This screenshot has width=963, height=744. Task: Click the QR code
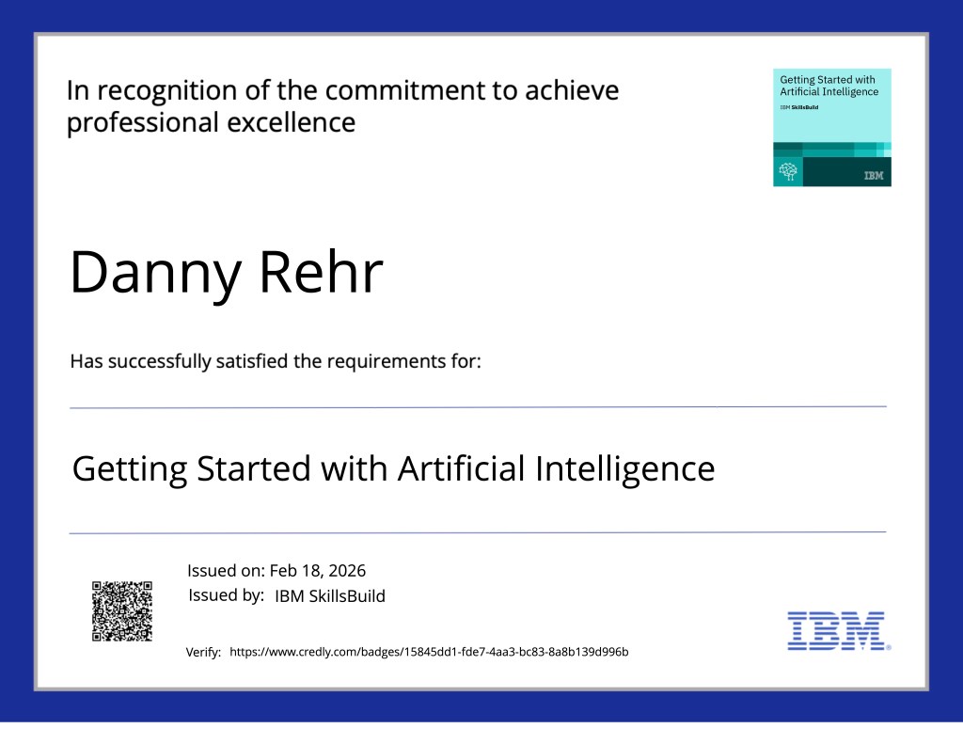122,611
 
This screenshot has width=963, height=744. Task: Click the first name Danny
156,273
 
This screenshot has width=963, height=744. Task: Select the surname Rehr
322,272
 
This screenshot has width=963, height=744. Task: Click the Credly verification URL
429,652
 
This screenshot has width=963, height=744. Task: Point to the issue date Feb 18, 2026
318,571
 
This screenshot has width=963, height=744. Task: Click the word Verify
203,653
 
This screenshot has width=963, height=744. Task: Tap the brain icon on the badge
788,171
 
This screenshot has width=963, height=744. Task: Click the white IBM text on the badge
874,176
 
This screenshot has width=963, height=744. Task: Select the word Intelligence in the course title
625,469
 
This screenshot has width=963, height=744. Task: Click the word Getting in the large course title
130,469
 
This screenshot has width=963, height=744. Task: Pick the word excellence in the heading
292,122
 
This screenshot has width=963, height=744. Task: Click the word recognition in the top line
167,91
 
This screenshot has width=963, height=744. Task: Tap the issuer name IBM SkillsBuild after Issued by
330,596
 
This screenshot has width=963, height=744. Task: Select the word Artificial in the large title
463,468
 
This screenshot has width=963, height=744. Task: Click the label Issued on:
226,571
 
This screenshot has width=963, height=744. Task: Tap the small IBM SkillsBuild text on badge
799,107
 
